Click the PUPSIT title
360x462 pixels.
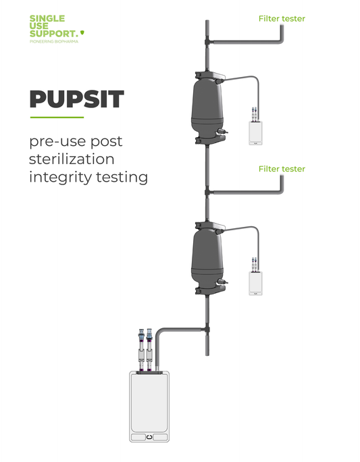point(76,99)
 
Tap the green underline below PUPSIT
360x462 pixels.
point(56,118)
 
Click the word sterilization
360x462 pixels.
point(72,160)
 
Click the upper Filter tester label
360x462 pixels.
point(282,19)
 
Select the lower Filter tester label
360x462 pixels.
point(282,169)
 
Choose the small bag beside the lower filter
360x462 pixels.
point(256,283)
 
